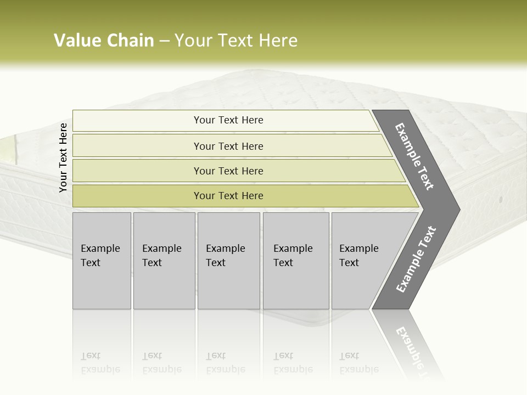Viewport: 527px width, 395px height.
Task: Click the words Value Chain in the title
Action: [x=104, y=41]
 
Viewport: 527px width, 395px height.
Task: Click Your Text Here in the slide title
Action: [x=236, y=41]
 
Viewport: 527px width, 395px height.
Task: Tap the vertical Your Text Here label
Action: [x=63, y=157]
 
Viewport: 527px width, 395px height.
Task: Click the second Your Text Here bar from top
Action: [x=228, y=146]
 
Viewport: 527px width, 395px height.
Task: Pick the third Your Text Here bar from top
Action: [x=228, y=171]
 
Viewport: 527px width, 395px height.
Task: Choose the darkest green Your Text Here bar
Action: [x=228, y=196]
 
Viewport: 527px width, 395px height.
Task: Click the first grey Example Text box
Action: [x=102, y=261]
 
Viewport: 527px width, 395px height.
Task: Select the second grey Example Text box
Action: [x=164, y=261]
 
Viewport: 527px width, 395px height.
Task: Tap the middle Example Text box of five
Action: [x=228, y=261]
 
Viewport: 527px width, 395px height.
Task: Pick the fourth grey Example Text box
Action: [x=296, y=261]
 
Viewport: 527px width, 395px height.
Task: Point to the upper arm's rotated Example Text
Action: [x=414, y=157]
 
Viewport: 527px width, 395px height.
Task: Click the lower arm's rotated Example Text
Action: [x=416, y=259]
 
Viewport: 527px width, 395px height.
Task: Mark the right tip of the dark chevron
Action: [x=458, y=209]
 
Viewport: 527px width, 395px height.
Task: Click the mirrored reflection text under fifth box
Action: [x=358, y=363]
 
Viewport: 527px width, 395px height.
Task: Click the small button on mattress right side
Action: [x=501, y=199]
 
